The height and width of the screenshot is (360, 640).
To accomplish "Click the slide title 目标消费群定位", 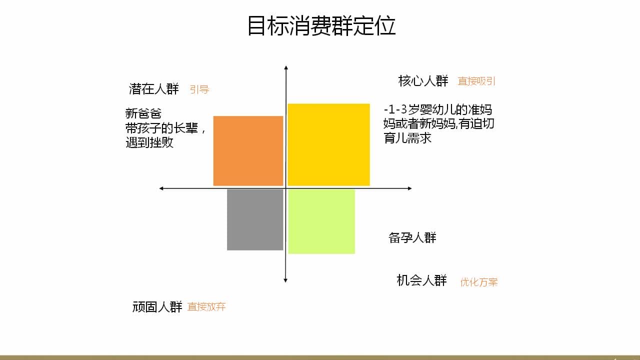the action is tap(321, 25).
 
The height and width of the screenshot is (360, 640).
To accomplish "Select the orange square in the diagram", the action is tap(248, 151).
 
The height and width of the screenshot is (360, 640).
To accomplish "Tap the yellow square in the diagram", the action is tap(328, 145).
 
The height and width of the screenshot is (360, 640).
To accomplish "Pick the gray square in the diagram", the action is tap(255, 219).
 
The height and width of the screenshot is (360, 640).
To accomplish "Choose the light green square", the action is tap(321, 221).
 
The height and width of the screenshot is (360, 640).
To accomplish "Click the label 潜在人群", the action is tap(154, 89).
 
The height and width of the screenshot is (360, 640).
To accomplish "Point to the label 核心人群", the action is tap(423, 81).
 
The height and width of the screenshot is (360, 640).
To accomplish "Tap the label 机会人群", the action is tap(421, 280).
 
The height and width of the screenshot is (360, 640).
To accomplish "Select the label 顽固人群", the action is tap(157, 307).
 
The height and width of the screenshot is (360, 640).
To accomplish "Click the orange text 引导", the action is tap(199, 89).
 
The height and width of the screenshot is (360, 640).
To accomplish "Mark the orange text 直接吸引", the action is tap(476, 81).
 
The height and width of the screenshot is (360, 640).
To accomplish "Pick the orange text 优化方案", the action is tap(479, 282).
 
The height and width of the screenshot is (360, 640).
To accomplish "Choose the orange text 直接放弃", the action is tap(206, 307).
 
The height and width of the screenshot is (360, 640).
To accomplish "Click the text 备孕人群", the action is tap(412, 237).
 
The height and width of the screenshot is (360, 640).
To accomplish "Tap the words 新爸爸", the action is tap(143, 113).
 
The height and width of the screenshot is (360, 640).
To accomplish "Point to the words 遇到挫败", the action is tap(149, 142).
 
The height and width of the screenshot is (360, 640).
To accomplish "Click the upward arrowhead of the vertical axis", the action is tap(285, 67).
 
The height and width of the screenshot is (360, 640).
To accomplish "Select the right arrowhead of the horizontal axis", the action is tap(410, 188).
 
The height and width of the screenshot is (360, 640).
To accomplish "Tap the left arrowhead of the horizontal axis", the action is tap(161, 188).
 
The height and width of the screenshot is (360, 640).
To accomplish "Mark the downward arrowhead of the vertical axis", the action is tap(285, 280).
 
